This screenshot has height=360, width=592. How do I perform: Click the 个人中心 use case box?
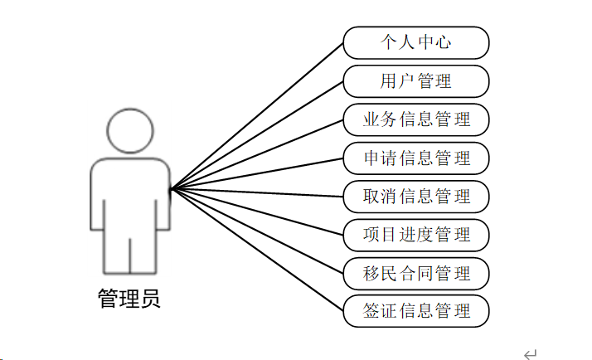[x=415, y=42]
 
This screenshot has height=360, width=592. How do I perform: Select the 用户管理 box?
[x=415, y=81]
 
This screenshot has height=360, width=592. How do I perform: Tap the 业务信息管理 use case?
[x=415, y=119]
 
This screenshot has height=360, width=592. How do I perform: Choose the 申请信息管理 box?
[x=415, y=158]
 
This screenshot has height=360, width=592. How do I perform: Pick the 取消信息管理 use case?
[x=415, y=197]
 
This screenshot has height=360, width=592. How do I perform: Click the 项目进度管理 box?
[x=415, y=235]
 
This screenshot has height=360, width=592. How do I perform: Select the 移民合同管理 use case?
[x=415, y=273]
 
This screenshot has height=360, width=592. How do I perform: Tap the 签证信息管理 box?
[x=415, y=311]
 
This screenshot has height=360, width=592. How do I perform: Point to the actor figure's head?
[x=130, y=131]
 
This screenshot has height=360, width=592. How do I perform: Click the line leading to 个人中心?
[x=257, y=115]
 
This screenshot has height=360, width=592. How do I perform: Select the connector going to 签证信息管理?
[x=257, y=251]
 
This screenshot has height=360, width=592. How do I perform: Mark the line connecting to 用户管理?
[x=257, y=135]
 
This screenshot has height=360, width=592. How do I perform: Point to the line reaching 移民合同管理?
[x=257, y=231]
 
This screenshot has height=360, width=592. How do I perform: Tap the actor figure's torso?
[x=130, y=195]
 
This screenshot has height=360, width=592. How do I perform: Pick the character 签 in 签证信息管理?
[x=372, y=311]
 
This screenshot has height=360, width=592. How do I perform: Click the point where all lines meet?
[x=171, y=190]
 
